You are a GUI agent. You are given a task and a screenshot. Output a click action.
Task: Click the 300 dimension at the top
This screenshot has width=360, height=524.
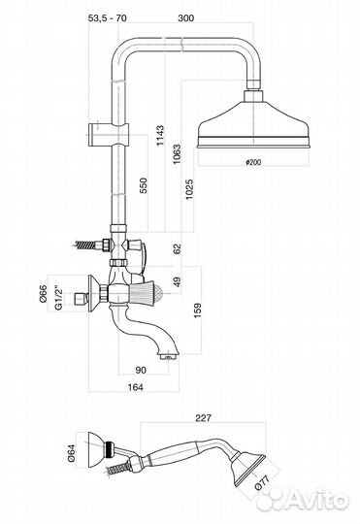point(186,17)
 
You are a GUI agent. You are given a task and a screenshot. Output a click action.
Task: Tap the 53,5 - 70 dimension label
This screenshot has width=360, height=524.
point(108,17)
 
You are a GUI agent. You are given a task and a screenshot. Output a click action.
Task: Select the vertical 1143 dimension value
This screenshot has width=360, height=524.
point(160,135)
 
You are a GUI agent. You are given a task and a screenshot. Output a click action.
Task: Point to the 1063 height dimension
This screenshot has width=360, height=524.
point(177,153)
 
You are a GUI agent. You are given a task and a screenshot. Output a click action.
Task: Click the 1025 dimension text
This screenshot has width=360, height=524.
point(189,189)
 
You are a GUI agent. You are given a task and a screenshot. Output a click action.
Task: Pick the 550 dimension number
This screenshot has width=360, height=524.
point(143,185)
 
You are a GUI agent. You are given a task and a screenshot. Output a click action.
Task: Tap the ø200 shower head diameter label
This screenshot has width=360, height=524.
point(253,162)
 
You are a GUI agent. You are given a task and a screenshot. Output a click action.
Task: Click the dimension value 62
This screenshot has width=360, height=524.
point(177,248)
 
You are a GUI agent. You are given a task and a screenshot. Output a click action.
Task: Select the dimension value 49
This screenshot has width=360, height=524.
point(177,281)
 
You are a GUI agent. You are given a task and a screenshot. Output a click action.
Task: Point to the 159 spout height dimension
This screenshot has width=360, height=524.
point(198,311)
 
